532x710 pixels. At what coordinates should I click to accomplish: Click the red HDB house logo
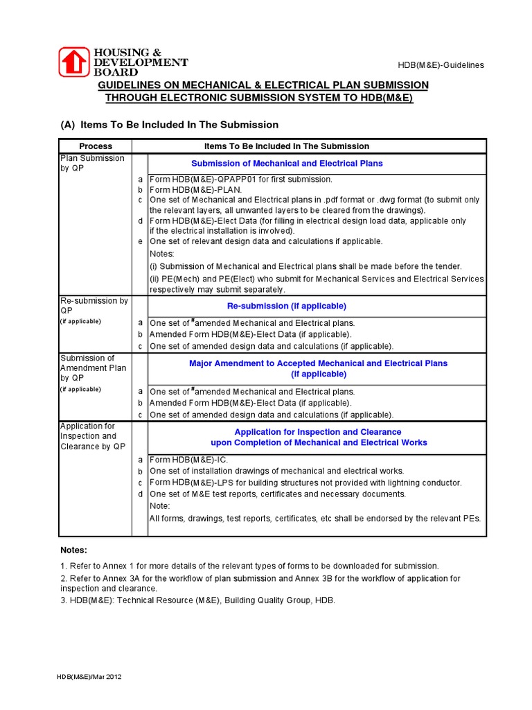(x=74, y=61)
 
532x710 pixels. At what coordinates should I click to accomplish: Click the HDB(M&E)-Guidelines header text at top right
(x=441, y=65)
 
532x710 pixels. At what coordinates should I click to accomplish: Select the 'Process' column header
(x=96, y=146)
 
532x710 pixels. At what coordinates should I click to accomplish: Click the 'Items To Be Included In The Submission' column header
(x=287, y=146)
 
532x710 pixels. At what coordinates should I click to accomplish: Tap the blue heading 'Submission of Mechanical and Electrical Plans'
(x=287, y=164)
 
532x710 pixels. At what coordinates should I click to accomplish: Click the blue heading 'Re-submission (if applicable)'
(x=287, y=306)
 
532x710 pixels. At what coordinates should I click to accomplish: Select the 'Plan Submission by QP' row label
(x=92, y=163)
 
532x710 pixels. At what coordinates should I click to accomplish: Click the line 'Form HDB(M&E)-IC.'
(x=188, y=460)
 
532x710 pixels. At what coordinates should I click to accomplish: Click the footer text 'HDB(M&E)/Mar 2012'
(x=90, y=676)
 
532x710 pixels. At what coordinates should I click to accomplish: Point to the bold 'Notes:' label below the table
(x=73, y=550)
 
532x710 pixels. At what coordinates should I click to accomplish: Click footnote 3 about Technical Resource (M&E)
(x=197, y=600)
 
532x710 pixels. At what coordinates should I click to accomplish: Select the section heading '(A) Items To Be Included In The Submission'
(x=170, y=125)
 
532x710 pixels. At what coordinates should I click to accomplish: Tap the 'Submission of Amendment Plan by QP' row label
(x=93, y=368)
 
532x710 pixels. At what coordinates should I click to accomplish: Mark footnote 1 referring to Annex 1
(x=249, y=566)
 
